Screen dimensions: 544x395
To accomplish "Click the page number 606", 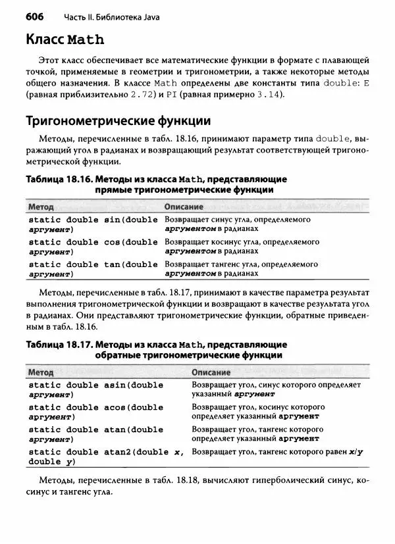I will (37, 14).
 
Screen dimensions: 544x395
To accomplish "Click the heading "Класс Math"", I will (65, 39).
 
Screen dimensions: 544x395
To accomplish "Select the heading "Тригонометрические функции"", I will (118, 121).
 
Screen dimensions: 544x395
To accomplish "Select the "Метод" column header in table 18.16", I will (41, 207).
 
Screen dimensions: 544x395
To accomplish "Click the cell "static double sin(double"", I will (93, 220).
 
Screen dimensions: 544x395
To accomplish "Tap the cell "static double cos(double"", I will (93, 242).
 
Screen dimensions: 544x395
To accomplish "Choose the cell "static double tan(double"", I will (93, 264).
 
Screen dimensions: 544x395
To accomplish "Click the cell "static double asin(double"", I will (96, 385).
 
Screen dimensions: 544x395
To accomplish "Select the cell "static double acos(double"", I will (96, 407).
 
